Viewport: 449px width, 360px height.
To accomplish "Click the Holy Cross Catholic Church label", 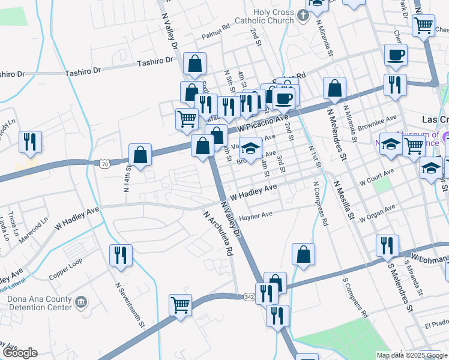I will point(258,17).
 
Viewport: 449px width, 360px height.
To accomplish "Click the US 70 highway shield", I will point(105,163).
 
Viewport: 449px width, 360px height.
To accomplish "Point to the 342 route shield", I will point(250,296).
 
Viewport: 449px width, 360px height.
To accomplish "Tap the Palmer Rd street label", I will point(215,31).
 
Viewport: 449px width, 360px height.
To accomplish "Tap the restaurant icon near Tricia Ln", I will point(30,142).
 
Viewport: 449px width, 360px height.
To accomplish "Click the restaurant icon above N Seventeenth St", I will point(121,255).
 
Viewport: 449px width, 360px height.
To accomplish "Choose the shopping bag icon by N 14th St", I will point(140,155).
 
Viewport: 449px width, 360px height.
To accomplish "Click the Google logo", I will point(20,353).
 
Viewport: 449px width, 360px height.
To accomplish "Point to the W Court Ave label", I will point(376,176).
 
